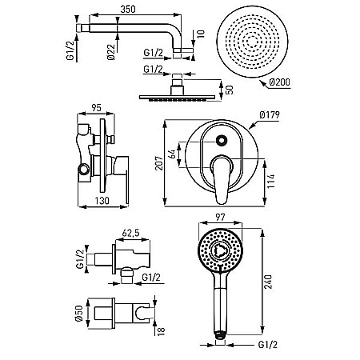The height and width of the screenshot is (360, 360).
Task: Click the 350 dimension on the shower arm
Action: coord(128,9)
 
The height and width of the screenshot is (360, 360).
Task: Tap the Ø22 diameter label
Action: coord(111,52)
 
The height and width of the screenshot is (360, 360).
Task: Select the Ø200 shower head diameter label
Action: coord(279,82)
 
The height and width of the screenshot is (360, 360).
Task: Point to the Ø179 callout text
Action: coord(270,115)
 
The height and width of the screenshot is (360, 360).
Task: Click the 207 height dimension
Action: coord(159,163)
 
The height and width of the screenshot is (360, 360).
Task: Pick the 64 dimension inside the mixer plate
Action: coord(173,154)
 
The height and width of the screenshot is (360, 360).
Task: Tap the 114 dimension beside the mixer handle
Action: coord(271,181)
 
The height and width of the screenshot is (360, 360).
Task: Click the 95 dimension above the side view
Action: coord(96,108)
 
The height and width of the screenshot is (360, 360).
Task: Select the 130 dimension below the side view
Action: coord(102,201)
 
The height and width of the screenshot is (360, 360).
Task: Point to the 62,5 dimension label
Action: coord(130,233)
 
